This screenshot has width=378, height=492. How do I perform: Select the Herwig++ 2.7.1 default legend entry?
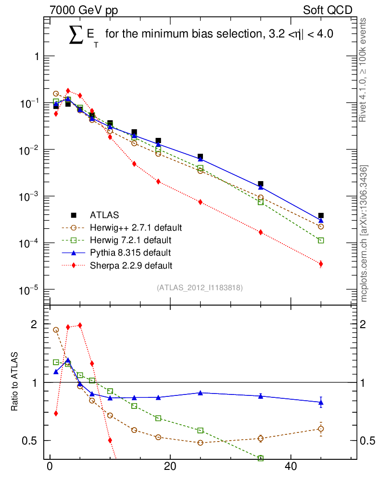136,227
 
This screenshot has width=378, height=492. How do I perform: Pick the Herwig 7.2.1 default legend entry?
130,239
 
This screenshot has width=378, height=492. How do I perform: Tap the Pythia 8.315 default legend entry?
130,252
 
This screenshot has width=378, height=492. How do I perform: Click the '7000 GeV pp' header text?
84,10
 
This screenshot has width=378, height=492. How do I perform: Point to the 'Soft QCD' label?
328,10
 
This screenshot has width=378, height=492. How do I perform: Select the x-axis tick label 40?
290,468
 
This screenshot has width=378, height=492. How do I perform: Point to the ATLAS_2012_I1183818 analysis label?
200,288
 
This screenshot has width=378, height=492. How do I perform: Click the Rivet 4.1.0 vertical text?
364,70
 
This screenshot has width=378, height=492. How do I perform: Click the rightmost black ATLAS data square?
321,216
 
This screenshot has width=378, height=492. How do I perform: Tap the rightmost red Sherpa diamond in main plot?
321,264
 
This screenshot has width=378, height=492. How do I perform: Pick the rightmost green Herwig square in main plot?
321,240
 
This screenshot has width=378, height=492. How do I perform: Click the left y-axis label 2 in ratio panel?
34,324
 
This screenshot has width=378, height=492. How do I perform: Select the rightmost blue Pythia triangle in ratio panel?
321,402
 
